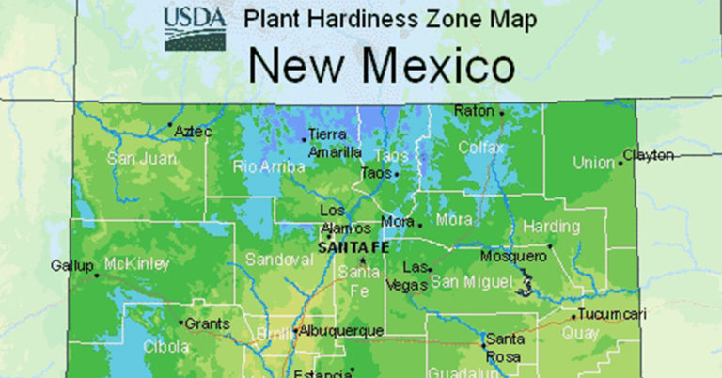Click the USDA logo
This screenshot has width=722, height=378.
[194, 28]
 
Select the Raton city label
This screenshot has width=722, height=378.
[474, 111]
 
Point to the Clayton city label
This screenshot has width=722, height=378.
[649, 154]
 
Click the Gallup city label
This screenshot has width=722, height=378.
[72, 266]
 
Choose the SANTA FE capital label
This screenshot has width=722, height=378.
[353, 247]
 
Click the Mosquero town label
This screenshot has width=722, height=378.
[513, 256]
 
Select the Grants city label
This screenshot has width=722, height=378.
[207, 323]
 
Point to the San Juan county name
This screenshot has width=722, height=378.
[142, 158]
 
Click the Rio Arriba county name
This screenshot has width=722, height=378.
[269, 167]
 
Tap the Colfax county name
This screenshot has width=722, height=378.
[481, 147]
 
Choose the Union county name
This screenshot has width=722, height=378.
[593, 163]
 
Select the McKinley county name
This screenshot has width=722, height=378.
[137, 263]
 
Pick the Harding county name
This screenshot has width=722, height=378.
[545, 227]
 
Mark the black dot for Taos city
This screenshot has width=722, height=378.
[397, 174]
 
